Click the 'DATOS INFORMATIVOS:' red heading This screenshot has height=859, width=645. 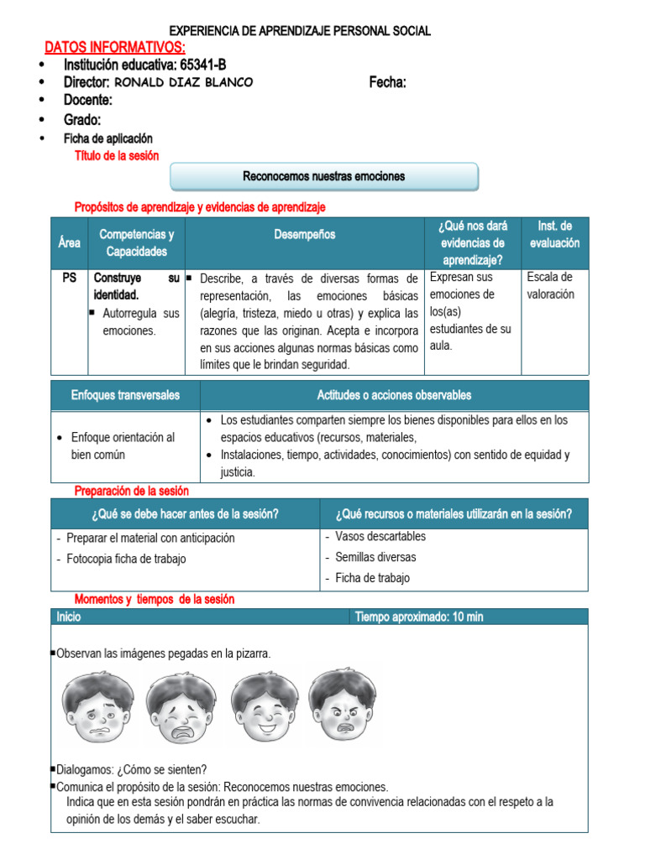(114, 47)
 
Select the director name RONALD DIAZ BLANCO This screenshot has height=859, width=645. (182, 82)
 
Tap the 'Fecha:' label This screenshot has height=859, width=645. (387, 82)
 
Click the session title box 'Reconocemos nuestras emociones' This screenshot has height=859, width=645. (324, 177)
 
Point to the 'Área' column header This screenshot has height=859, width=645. (70, 243)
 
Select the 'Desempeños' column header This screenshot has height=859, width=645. (304, 235)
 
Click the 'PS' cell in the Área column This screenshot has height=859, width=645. (69, 278)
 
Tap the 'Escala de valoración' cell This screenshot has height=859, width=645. (550, 286)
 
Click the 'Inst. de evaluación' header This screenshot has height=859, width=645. (554, 235)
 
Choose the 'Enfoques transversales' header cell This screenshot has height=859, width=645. (125, 395)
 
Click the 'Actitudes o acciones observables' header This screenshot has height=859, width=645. (394, 395)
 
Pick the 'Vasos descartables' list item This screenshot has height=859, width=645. (380, 537)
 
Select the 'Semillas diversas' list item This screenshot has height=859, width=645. (375, 557)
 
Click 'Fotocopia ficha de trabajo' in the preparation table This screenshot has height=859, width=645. (126, 559)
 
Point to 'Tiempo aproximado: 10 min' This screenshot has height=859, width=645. (419, 617)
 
